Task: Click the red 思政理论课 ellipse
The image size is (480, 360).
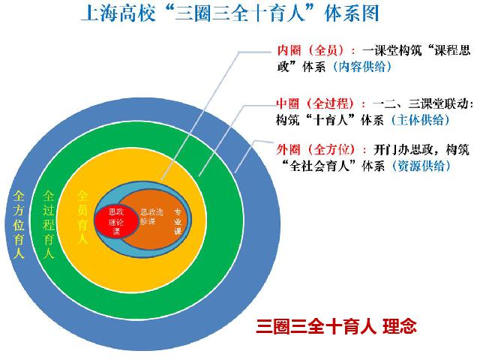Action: (116, 221)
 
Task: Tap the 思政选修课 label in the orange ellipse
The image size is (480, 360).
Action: (151, 217)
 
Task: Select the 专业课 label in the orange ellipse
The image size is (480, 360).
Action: (178, 222)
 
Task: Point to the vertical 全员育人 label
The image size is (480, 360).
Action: (82, 217)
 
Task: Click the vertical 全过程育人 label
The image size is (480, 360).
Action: (49, 224)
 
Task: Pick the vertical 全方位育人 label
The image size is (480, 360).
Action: (19, 225)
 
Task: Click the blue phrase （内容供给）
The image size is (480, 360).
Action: (361, 67)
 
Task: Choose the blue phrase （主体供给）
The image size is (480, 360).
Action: (420, 120)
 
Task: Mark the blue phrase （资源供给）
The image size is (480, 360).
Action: (421, 166)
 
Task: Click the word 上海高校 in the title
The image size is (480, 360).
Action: (118, 13)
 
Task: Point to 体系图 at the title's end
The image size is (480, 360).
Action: (352, 13)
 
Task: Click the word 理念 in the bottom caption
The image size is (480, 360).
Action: (400, 326)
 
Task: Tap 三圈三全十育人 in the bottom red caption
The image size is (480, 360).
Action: (316, 326)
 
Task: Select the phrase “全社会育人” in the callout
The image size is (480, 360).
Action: (320, 166)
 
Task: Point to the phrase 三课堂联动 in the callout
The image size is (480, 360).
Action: (439, 103)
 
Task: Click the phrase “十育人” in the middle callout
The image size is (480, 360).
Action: (331, 120)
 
